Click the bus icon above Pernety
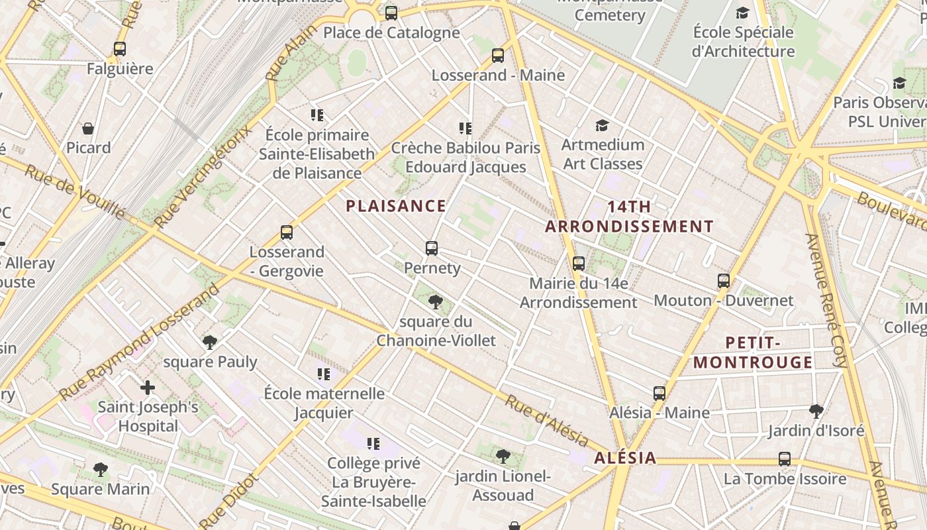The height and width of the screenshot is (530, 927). point(432,248)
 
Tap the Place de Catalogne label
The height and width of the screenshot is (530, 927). point(391,32)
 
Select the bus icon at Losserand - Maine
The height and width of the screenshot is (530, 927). point(498,56)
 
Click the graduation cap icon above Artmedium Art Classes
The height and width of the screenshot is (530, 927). point(602,125)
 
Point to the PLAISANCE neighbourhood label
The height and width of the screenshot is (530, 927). point(396,206)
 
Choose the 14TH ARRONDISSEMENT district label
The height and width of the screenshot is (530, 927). point(629,217)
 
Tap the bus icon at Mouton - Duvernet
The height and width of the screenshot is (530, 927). point(724,281)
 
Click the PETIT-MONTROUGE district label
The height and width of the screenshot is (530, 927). point(753,352)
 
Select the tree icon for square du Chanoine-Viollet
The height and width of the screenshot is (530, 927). point(436,303)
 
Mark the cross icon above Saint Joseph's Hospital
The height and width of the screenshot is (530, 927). point(148,387)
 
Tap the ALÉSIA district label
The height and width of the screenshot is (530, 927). point(625,458)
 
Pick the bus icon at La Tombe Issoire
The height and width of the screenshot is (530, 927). point(785,459)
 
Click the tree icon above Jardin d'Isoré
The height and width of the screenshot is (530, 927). point(816,411)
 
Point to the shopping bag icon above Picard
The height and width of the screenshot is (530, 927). point(88,129)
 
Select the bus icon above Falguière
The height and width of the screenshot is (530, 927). point(120,49)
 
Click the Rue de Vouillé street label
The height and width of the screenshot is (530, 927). point(74,192)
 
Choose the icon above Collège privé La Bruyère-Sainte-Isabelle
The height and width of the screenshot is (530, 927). point(373,443)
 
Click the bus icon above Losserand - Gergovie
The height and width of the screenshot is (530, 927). point(287,233)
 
